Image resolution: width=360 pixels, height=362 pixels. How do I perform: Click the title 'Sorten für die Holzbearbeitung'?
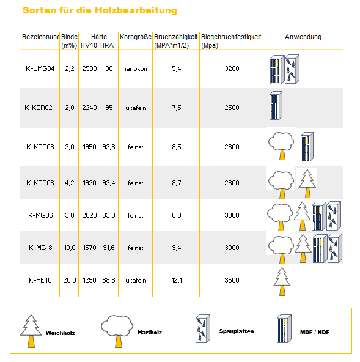pyautogui.click(x=100, y=10)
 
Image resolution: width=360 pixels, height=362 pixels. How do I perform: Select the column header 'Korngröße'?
pyautogui.click(x=136, y=37)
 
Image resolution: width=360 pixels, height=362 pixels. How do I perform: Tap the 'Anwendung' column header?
pyautogui.click(x=303, y=37)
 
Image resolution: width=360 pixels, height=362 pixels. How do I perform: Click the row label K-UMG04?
pyautogui.click(x=40, y=68)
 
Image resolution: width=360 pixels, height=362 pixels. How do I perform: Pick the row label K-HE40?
pyautogui.click(x=40, y=280)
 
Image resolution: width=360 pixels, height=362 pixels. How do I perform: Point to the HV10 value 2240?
pyautogui.click(x=89, y=108)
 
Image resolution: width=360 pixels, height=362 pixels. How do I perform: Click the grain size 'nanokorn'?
pyautogui.click(x=136, y=69)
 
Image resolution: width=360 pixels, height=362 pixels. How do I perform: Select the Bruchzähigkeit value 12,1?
pyautogui.click(x=177, y=280)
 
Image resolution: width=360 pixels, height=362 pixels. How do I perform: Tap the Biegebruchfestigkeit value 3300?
pyautogui.click(x=232, y=215)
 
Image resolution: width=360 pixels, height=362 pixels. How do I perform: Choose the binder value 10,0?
pyautogui.click(x=70, y=248)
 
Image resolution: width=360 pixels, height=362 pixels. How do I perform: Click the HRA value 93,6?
pyautogui.click(x=109, y=147)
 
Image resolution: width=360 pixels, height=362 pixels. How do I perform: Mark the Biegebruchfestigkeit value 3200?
pyautogui.click(x=232, y=68)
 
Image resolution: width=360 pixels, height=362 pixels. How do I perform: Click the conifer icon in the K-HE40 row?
pyautogui.click(x=282, y=281)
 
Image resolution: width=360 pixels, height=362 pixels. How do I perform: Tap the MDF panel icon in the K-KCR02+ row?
pyautogui.click(x=276, y=106)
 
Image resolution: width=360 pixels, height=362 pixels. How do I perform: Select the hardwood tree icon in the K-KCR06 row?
pyautogui.click(x=281, y=146)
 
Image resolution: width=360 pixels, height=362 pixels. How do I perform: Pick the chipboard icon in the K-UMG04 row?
pyautogui.click(x=292, y=69)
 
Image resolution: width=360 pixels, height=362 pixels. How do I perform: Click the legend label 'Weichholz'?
pyautogui.click(x=61, y=333)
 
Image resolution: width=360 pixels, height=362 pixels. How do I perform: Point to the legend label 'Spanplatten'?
pyautogui.click(x=237, y=331)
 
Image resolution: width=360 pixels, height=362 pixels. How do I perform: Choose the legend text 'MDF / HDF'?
pyautogui.click(x=315, y=333)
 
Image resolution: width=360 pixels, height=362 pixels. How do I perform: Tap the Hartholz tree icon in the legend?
pyautogui.click(x=117, y=331)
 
